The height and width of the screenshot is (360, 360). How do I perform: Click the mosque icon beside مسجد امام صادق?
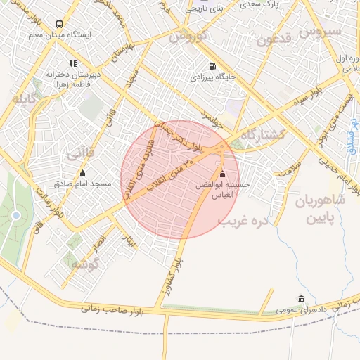tap(83, 173)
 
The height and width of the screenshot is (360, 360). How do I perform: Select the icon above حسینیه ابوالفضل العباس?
tap(223, 174)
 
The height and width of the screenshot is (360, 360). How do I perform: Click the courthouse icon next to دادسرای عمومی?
tap(302, 299)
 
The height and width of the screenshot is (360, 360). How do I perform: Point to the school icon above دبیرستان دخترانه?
tap(73, 63)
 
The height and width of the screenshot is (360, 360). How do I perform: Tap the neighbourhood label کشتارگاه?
tap(262, 134)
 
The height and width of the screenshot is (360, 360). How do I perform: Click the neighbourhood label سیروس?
tap(320, 31)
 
